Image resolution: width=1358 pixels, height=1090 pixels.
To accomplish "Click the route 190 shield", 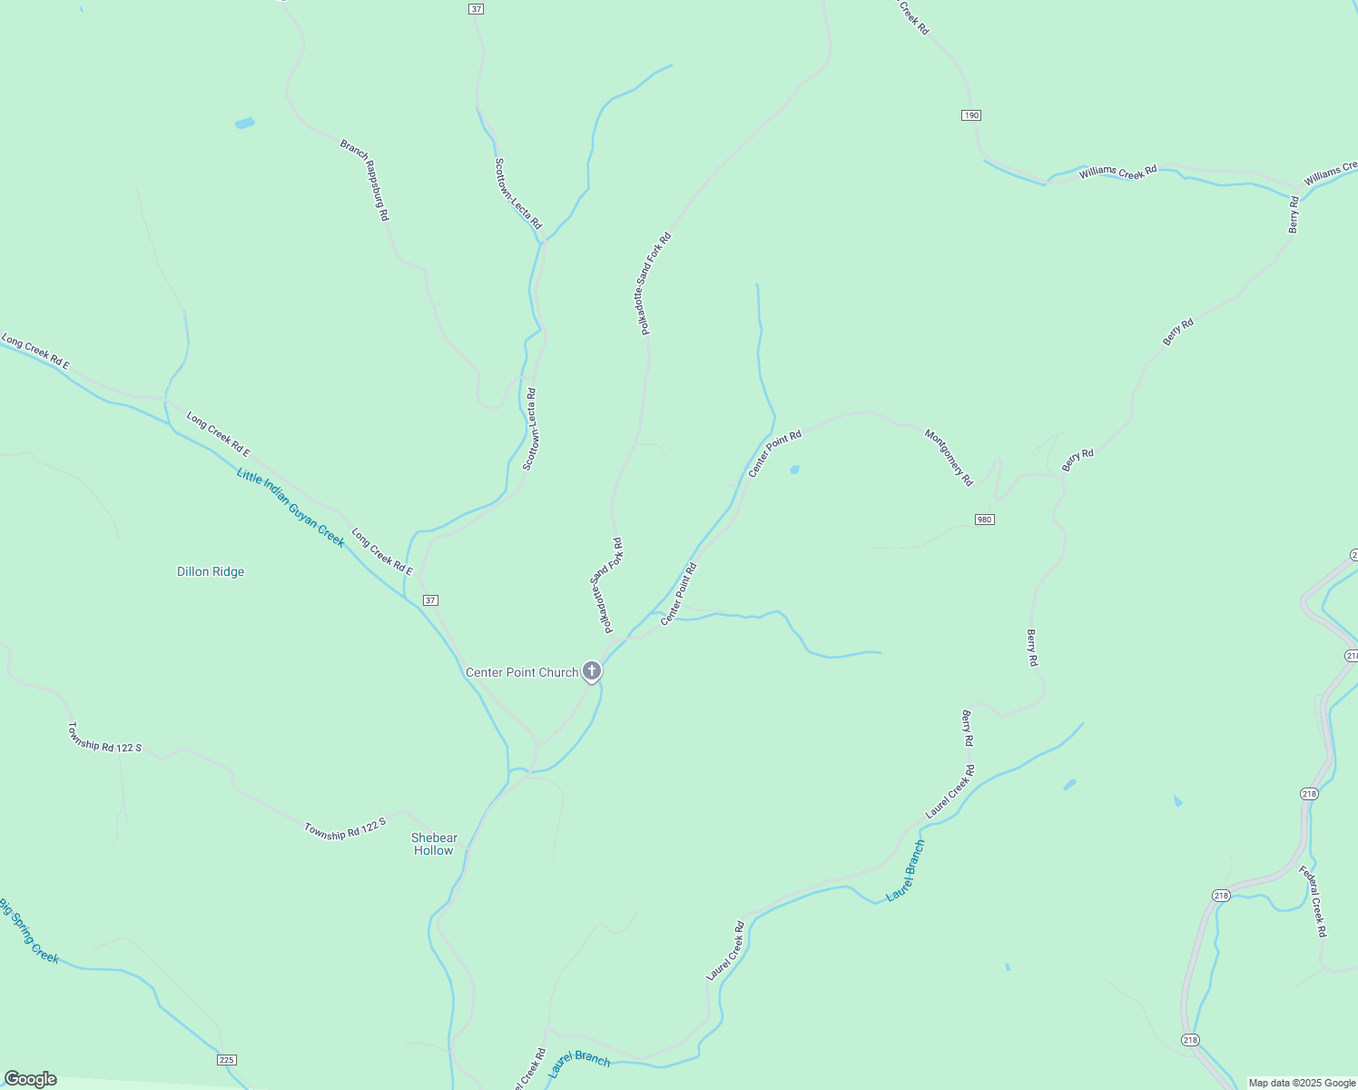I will [971, 115].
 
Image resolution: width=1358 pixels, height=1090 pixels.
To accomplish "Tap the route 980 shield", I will [985, 520].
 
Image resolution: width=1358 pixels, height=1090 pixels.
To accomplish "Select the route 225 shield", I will [227, 1060].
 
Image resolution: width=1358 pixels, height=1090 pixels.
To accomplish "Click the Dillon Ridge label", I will [211, 571].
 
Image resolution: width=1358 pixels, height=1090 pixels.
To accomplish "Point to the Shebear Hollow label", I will [434, 844].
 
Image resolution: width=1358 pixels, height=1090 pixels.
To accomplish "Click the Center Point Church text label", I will [522, 672].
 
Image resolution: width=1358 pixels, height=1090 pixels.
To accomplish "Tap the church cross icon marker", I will [592, 671].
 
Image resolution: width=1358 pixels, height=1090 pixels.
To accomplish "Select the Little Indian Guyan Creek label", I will [290, 507].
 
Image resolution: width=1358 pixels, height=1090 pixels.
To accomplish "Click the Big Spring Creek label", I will [29, 931].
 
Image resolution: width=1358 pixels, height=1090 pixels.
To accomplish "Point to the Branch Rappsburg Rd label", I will [365, 180].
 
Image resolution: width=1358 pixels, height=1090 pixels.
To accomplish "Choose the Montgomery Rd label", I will [949, 457].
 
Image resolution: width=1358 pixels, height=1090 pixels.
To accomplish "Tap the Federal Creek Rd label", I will [1313, 901].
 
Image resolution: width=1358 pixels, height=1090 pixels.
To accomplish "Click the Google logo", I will [30, 1079].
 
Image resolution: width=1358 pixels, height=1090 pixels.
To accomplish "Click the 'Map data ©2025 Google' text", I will [1302, 1083].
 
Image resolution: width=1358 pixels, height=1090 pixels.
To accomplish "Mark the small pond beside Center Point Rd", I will [795, 470].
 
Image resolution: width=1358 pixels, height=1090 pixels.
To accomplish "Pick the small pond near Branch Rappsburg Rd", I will [245, 123].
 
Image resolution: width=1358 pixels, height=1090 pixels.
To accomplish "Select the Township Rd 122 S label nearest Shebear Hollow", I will [345, 828].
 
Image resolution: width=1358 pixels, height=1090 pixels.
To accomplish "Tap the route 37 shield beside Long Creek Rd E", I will [431, 600].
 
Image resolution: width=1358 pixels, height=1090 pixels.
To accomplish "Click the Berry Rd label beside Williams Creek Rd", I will [1294, 214].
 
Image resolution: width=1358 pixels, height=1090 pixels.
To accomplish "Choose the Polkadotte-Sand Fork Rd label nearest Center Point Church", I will [605, 585].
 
